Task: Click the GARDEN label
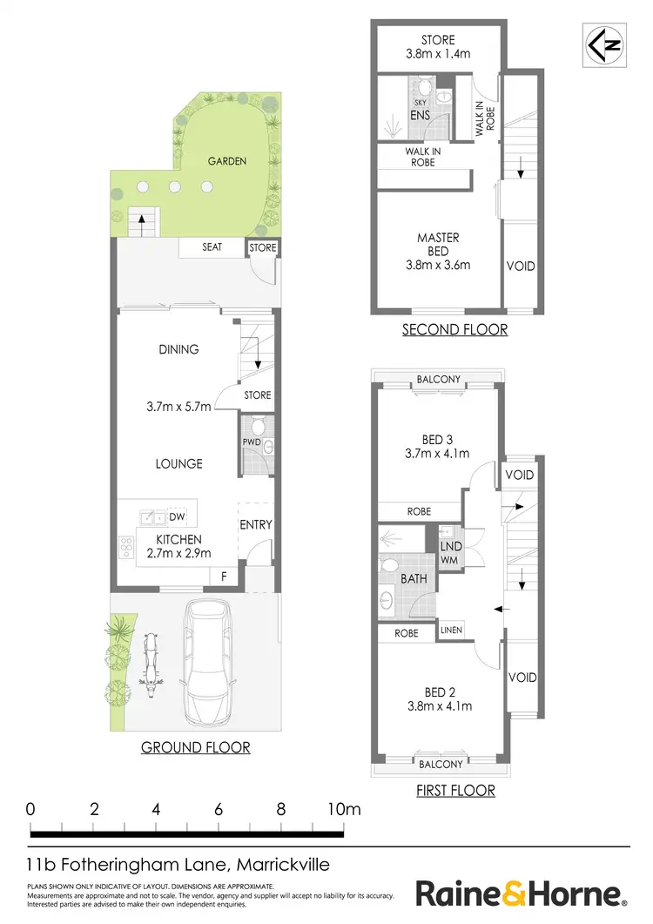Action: click(x=226, y=161)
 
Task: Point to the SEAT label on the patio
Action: click(x=212, y=247)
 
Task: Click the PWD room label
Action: click(x=251, y=442)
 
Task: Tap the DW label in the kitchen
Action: click(x=178, y=516)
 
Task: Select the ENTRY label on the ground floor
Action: click(x=255, y=524)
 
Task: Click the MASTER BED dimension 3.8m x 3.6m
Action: click(x=438, y=266)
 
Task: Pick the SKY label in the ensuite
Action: click(x=396, y=102)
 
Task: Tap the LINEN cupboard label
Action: click(x=451, y=630)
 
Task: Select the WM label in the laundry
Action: click(x=450, y=559)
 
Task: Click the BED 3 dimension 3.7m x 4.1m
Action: click(x=438, y=454)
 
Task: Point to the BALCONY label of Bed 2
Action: click(x=441, y=764)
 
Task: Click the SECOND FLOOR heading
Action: click(x=454, y=329)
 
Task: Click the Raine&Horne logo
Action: click(x=520, y=894)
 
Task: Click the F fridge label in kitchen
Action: click(x=224, y=577)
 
